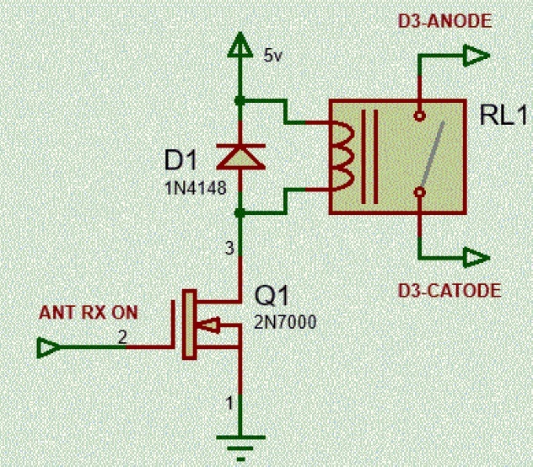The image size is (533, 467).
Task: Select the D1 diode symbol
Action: click(x=241, y=155)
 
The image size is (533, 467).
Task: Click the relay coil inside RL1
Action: click(x=342, y=155)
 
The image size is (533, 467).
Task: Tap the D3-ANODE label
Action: click(x=444, y=22)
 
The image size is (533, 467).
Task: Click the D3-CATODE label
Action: click(x=450, y=292)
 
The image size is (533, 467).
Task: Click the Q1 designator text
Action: click(x=273, y=297)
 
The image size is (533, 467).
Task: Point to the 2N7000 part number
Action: click(x=286, y=321)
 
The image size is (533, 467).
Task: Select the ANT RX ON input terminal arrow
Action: click(x=50, y=346)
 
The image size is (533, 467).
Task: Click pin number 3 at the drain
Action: click(x=228, y=248)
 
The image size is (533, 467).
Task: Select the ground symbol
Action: click(x=241, y=440)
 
